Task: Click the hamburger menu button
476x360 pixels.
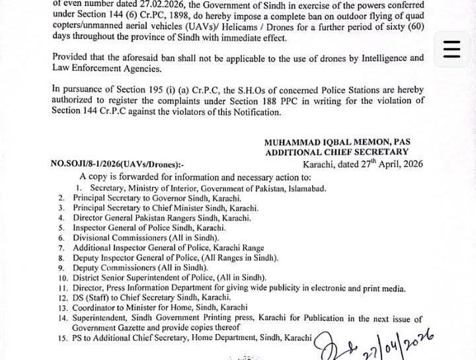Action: click(452, 50)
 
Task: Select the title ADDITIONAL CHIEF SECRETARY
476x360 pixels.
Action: click(337, 153)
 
